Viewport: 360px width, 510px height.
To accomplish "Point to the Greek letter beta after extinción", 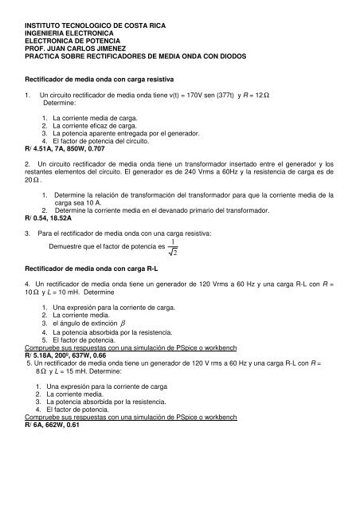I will click(123, 346).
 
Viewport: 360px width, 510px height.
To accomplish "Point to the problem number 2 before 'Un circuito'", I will click(28, 163).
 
